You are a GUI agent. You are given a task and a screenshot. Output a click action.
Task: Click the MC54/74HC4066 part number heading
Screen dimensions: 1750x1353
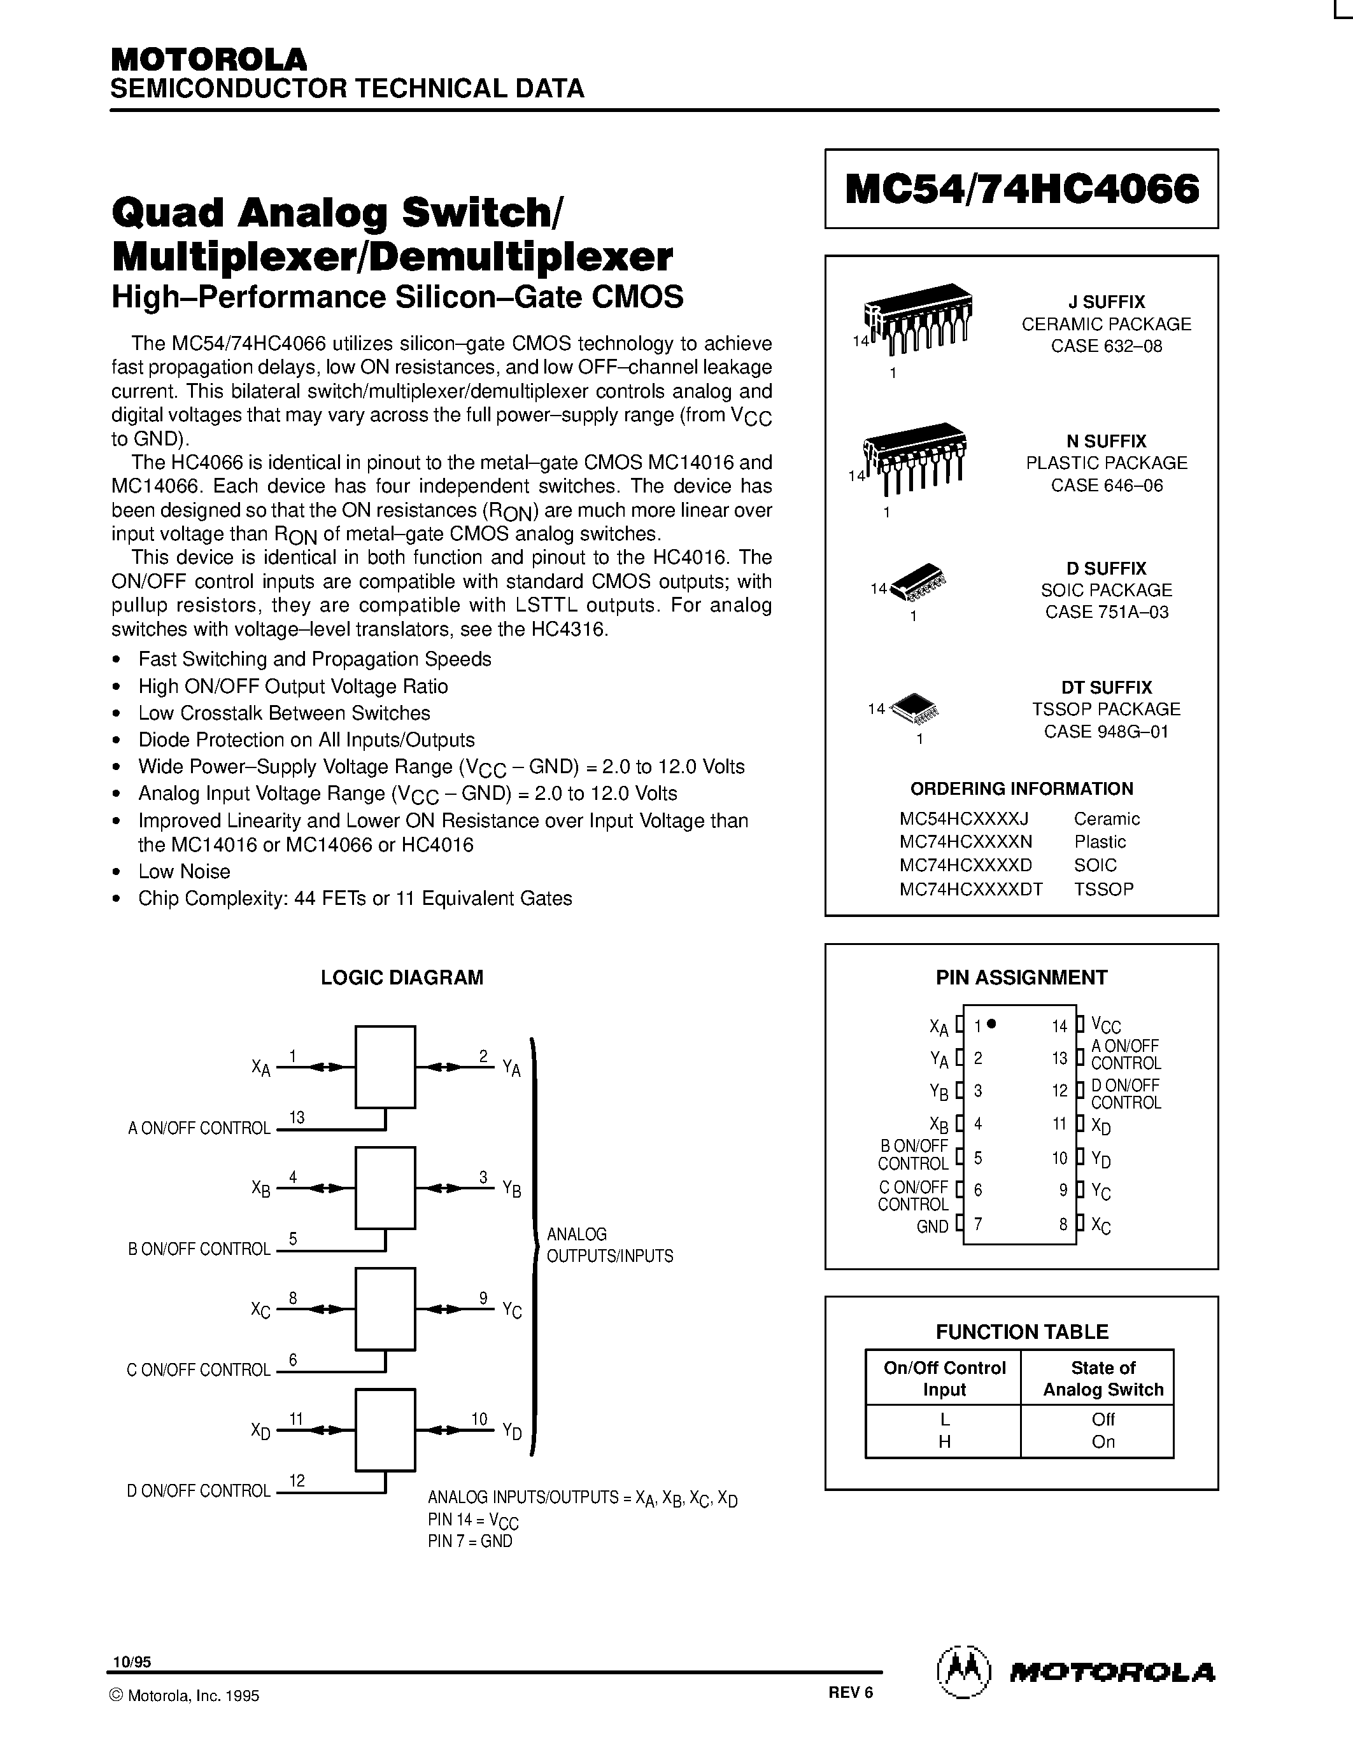tap(1022, 189)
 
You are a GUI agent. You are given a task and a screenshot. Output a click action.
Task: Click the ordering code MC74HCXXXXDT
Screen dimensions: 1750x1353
tap(971, 888)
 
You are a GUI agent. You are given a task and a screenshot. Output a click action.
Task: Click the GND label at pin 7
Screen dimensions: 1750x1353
tap(932, 1227)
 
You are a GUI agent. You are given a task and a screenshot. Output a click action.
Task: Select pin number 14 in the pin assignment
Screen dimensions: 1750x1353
tap(1059, 1026)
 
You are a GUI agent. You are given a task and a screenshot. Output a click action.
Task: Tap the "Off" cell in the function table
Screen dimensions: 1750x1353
tap(1103, 1419)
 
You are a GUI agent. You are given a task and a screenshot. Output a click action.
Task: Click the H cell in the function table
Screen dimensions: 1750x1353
tap(944, 1441)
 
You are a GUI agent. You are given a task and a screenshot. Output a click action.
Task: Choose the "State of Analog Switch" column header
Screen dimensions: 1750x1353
tap(1103, 1379)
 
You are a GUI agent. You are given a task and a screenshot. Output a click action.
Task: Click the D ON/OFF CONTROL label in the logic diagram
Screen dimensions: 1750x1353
tap(199, 1491)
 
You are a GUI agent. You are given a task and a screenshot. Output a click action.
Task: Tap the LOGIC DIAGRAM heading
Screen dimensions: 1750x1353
tap(402, 977)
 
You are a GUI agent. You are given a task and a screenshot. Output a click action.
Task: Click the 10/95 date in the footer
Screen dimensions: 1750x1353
tap(131, 1663)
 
